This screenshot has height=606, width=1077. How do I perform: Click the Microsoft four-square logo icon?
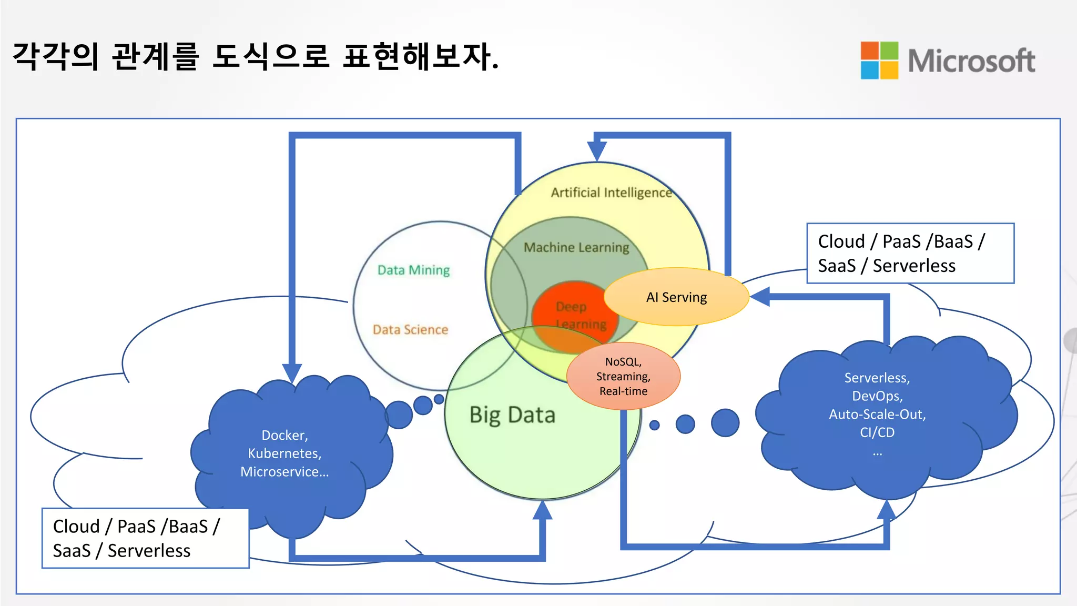pyautogui.click(x=879, y=60)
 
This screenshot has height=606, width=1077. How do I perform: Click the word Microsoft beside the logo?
pyautogui.click(x=971, y=61)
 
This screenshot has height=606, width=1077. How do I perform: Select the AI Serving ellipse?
pyautogui.click(x=676, y=297)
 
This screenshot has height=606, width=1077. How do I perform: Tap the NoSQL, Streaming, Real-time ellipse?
pyautogui.click(x=623, y=376)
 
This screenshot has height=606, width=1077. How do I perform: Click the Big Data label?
pyautogui.click(x=512, y=415)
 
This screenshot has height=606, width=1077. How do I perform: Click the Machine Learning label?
pyautogui.click(x=576, y=247)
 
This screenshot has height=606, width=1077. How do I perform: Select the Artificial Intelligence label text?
pyautogui.click(x=611, y=193)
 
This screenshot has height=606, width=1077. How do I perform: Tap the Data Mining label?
pyautogui.click(x=413, y=270)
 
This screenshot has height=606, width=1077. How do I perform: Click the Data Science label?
pyautogui.click(x=410, y=330)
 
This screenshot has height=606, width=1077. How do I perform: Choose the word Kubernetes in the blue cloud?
pyautogui.click(x=284, y=453)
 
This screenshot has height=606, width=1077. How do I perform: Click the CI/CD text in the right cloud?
pyautogui.click(x=877, y=432)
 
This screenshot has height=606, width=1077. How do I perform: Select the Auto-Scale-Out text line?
pyautogui.click(x=877, y=415)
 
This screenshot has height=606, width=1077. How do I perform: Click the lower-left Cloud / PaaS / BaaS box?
pyautogui.click(x=145, y=538)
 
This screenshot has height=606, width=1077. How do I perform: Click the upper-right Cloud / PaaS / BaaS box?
pyautogui.click(x=910, y=254)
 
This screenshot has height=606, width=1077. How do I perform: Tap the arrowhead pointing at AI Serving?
pyautogui.click(x=760, y=297)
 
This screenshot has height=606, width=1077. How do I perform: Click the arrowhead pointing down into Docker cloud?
pyautogui.click(x=292, y=372)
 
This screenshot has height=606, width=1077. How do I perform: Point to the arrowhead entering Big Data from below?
pyautogui.click(x=542, y=511)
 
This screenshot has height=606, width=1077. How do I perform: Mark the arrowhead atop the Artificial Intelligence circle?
pyautogui.click(x=597, y=151)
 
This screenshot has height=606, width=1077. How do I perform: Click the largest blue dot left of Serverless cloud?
pyautogui.click(x=725, y=422)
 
